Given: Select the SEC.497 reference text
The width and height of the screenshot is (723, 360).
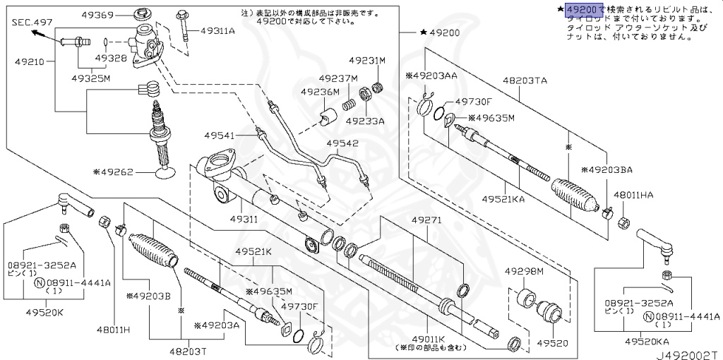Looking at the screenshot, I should (32, 23).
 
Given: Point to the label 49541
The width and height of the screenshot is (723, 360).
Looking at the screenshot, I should (221, 134).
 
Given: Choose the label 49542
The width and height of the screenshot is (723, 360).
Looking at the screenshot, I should (343, 144).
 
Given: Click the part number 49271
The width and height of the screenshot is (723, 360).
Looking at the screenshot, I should (426, 221).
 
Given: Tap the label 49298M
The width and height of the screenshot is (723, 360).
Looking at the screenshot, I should (524, 271).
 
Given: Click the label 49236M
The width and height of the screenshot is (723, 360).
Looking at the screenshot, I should (320, 92).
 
